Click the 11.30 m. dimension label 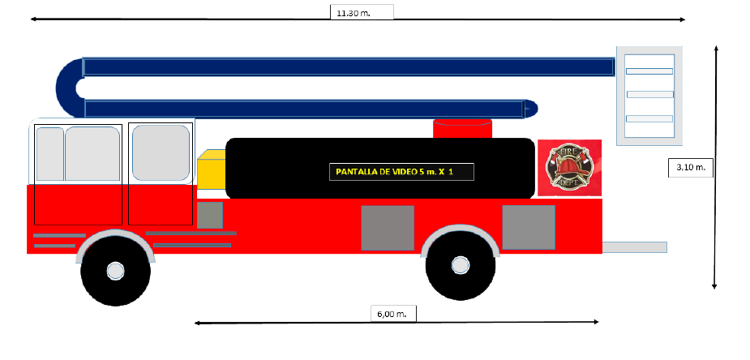coord(362,12)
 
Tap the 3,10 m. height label coord(690,167)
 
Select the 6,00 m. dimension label coord(393,312)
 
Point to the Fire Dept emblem coord(569,168)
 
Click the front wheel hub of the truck coord(116,270)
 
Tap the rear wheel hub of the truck coord(460,264)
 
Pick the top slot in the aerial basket coord(649,71)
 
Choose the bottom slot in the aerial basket coord(649,118)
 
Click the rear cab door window coord(161,152)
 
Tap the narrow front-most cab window coord(49,153)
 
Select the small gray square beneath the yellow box coord(210,215)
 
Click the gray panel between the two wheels coord(388,228)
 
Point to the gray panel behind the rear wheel coord(529,227)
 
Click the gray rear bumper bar coord(635,246)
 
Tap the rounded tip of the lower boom coord(530,108)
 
